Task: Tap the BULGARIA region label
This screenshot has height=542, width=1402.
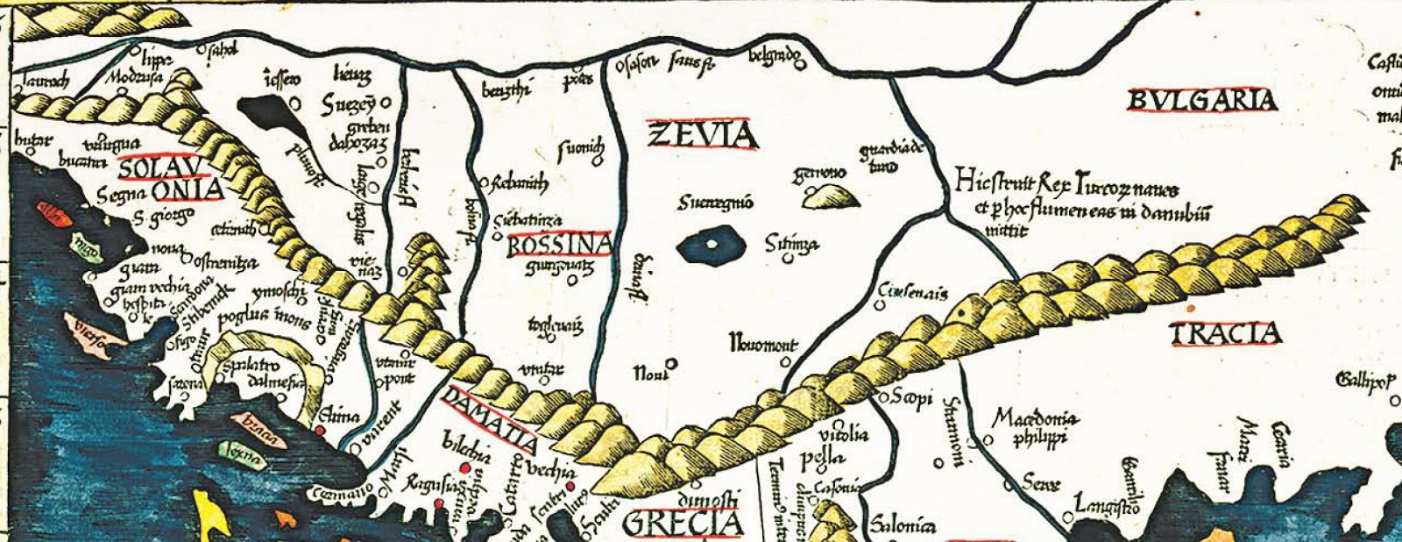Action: point(1201,101)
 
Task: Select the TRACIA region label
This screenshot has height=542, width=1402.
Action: point(1226,334)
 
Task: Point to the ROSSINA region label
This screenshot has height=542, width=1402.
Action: point(558,245)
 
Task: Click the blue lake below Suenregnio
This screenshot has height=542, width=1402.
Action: point(712,245)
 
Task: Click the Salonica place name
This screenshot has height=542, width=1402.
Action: point(902,526)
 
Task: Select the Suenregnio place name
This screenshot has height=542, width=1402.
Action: point(715,203)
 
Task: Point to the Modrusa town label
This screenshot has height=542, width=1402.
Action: point(131,76)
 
